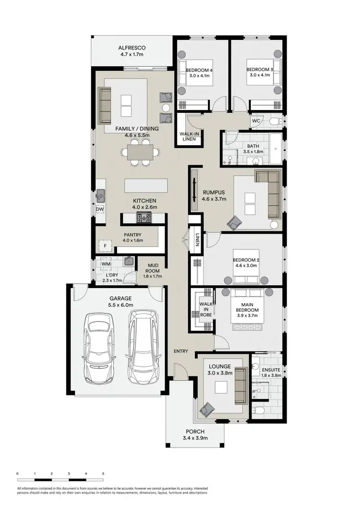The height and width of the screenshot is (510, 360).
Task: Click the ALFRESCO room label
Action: click(x=132, y=48)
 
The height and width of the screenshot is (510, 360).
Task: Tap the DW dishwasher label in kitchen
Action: click(x=100, y=209)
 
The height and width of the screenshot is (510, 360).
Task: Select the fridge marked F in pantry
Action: click(x=105, y=246)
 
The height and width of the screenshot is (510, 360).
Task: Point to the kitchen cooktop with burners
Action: click(x=144, y=219)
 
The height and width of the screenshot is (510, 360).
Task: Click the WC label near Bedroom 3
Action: click(x=256, y=121)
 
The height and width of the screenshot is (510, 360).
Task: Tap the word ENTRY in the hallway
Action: click(x=181, y=351)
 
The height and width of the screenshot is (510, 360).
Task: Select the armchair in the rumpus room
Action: click(x=236, y=222)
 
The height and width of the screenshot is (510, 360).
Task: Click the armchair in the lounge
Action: click(x=208, y=408)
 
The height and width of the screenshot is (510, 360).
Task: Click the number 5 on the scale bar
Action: click(x=103, y=474)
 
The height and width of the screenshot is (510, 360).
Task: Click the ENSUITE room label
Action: click(x=271, y=370)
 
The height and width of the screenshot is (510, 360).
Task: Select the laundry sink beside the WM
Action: click(x=128, y=262)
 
